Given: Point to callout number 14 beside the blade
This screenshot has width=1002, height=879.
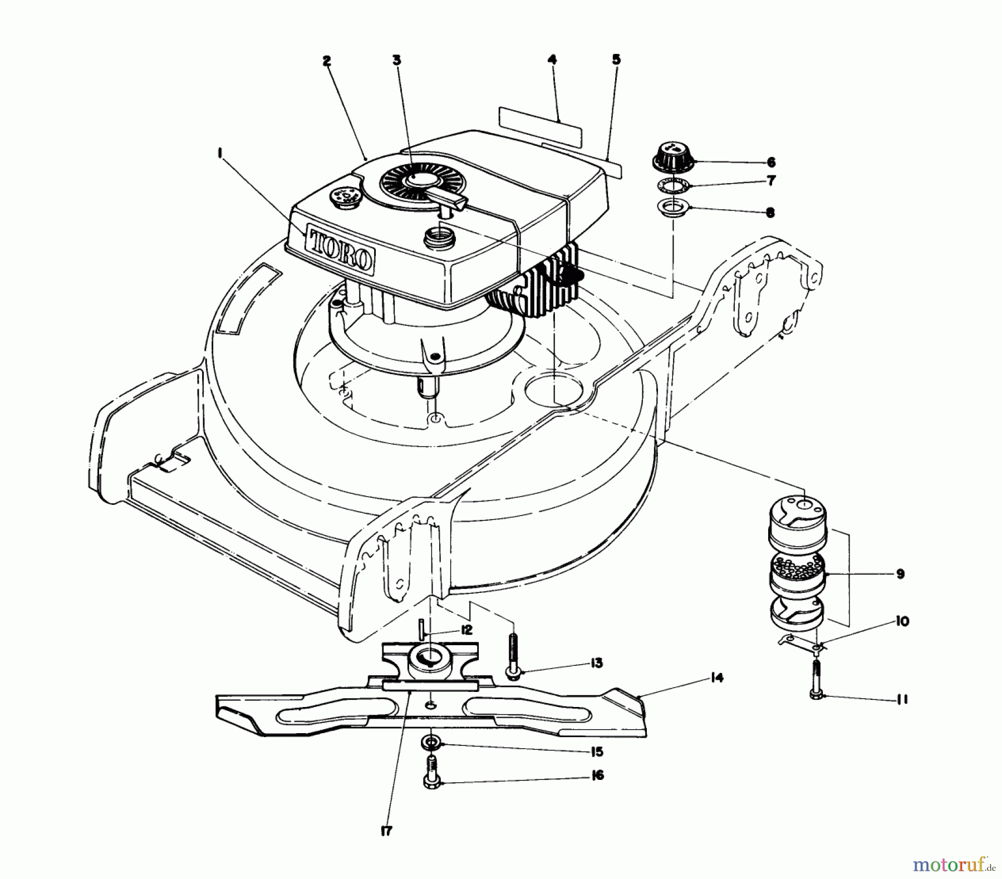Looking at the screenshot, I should (x=717, y=678).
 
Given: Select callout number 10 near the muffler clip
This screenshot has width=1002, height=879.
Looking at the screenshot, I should (x=902, y=621).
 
